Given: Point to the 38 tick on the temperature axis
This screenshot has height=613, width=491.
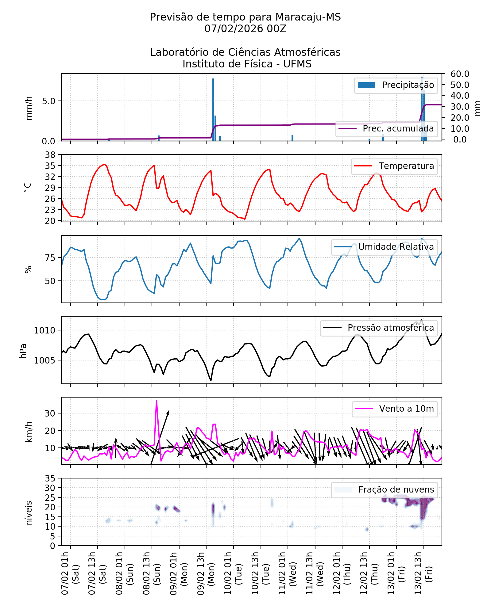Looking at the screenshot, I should click(50, 155).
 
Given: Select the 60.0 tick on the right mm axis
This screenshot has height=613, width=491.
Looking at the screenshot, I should click(460, 74).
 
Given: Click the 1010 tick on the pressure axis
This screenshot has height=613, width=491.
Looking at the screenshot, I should click(44, 331).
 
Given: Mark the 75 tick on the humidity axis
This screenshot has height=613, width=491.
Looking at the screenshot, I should click(50, 258).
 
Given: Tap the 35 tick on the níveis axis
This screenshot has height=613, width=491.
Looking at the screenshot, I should click(50, 479).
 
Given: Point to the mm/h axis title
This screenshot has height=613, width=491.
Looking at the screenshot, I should click(29, 108).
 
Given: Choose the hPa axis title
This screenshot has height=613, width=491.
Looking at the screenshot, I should click(23, 351).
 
